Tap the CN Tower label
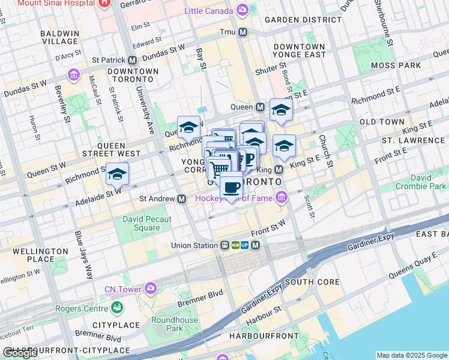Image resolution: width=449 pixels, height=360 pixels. pos(122,289)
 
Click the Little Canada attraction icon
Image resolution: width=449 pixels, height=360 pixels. pos(243,10)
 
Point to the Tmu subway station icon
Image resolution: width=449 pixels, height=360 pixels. pos(243,32)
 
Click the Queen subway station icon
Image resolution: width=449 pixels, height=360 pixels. pos(260,107)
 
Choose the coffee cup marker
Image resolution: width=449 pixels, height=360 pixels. pos(231,186)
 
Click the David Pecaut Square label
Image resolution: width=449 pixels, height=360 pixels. pos(146,223)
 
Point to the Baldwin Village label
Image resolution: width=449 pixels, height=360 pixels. pos(59,37)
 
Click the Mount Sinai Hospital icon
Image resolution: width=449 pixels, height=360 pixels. pos(104,2)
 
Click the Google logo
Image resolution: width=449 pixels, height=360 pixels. pos(20,353)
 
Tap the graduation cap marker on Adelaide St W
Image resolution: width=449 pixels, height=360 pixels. pos(117,174)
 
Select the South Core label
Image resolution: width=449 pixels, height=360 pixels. pos(312,281)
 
